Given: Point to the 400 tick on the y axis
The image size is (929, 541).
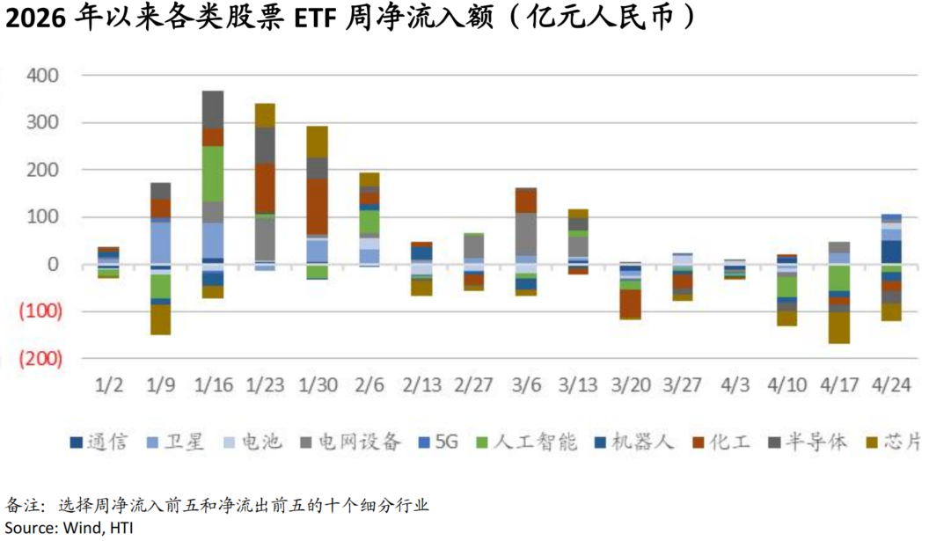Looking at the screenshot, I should [x=41, y=76].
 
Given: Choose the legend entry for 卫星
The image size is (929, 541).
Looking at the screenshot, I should [x=177, y=442].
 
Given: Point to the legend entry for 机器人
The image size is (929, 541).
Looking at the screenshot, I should [x=635, y=442].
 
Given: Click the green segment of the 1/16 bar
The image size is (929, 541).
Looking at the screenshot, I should [x=213, y=173].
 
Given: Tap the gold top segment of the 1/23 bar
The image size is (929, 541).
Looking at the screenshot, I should [x=265, y=115].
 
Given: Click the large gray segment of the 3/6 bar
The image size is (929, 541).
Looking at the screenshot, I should [x=526, y=233].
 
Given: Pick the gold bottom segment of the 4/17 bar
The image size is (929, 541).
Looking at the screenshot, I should [x=839, y=327].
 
